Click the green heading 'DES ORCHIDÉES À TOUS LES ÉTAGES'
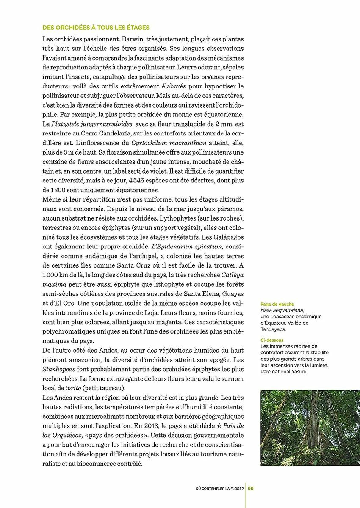[96, 28]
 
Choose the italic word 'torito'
[74, 388]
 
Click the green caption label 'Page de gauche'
[277, 304]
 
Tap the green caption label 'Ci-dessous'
[272, 340]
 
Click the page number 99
[251, 488]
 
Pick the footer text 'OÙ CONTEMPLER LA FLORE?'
[219, 488]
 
